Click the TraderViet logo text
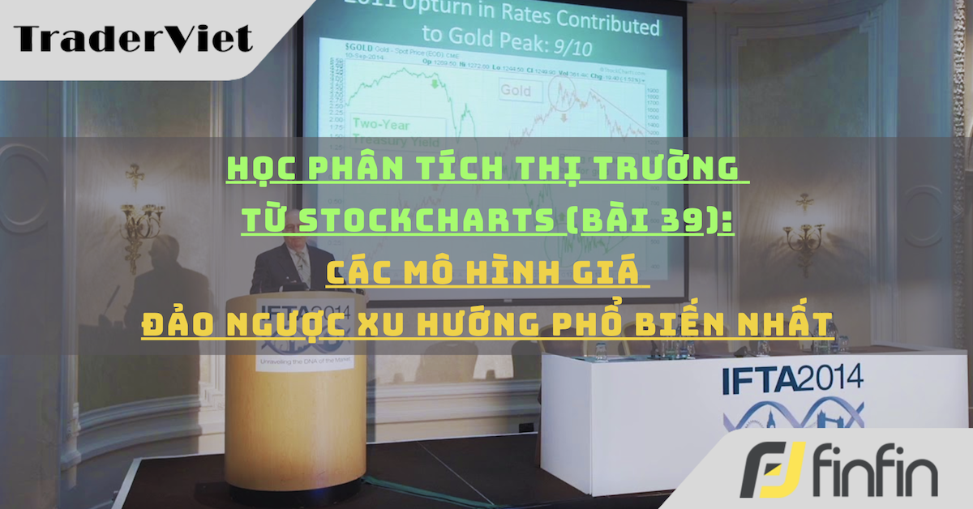(x=133, y=37)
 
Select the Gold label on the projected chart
(x=516, y=90)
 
